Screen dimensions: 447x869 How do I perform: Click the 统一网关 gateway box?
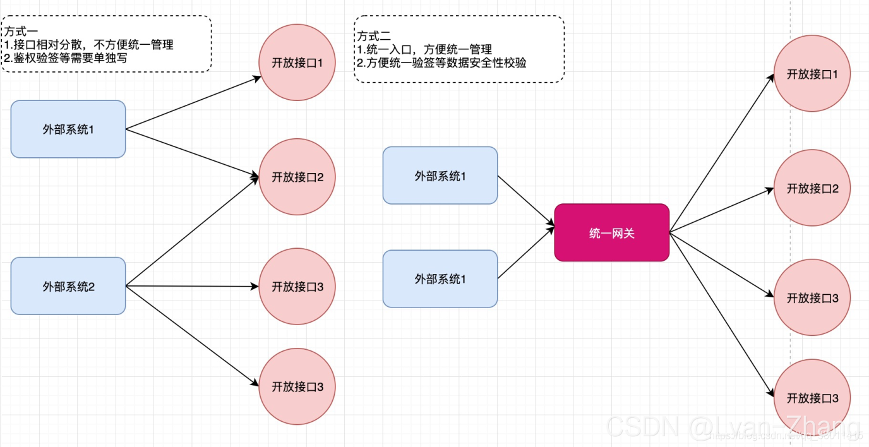click(x=611, y=232)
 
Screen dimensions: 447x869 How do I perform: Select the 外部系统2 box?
click(x=68, y=286)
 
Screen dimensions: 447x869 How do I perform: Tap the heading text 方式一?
click(x=20, y=30)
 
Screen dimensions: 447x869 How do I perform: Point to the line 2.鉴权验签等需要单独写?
click(x=66, y=58)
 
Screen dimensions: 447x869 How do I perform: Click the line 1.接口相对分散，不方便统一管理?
click(x=88, y=45)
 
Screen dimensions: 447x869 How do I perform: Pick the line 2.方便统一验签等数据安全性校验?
click(x=441, y=63)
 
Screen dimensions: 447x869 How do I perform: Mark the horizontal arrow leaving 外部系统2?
click(x=192, y=286)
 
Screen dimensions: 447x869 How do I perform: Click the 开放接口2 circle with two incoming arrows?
click(x=297, y=177)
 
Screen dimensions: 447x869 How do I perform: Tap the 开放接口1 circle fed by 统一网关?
click(x=812, y=73)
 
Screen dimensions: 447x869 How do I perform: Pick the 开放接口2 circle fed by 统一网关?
click(x=812, y=188)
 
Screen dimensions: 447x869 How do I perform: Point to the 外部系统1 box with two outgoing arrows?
click(x=68, y=129)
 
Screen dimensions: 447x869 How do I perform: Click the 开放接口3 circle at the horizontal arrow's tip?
click(x=297, y=287)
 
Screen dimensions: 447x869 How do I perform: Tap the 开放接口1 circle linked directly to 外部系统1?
click(x=297, y=63)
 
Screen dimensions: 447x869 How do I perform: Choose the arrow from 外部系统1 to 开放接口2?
click(x=192, y=153)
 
